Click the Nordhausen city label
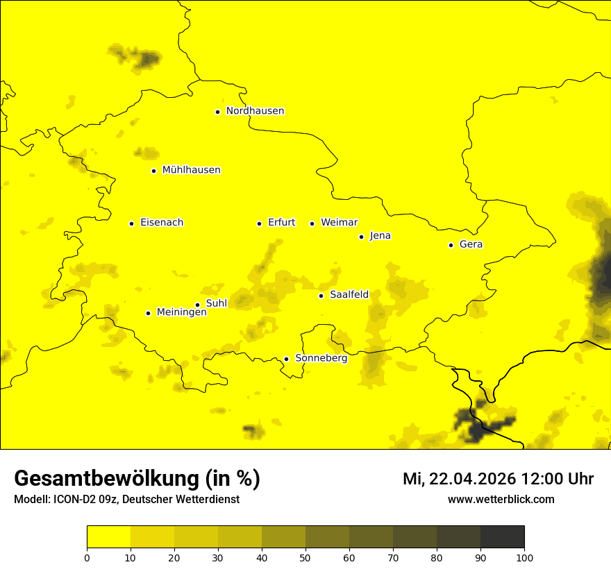tap(255, 111)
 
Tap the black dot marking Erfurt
tap(259, 223)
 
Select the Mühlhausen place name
tap(191, 170)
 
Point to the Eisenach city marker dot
tap(131, 223)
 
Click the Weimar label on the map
tap(339, 223)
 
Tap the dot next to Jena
tap(361, 237)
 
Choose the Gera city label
tap(471, 244)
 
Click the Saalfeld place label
tap(349, 295)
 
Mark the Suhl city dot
tap(197, 305)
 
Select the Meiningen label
tap(182, 312)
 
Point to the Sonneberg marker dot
tap(286, 359)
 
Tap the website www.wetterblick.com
tap(501, 499)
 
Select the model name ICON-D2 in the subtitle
tap(74, 499)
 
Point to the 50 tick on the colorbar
tap(305, 557)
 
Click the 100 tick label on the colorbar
tap(524, 557)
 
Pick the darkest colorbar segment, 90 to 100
tap(502, 536)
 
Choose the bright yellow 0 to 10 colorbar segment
tap(108, 536)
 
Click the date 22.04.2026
tap(473, 479)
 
